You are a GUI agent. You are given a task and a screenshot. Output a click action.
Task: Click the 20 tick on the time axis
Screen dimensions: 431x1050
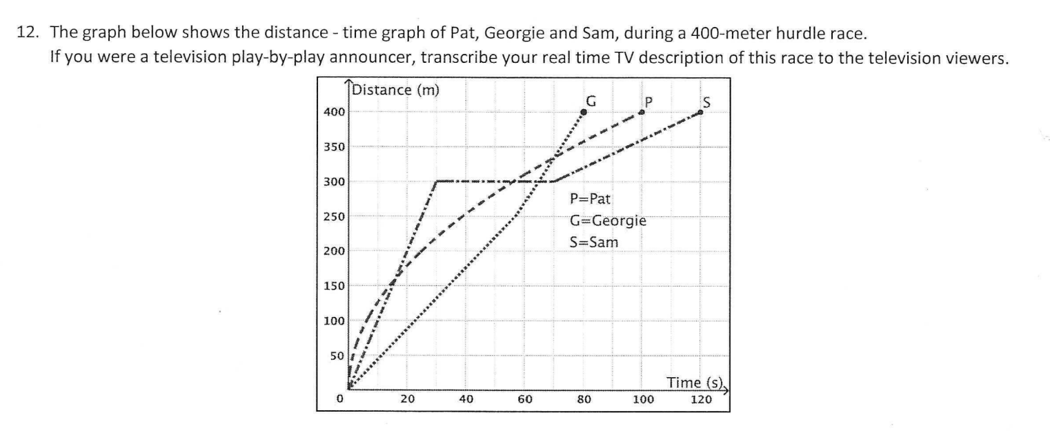point(407,399)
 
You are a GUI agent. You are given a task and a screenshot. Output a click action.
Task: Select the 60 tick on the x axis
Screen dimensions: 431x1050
point(525,399)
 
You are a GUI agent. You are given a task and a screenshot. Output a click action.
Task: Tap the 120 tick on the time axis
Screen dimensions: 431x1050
point(701,399)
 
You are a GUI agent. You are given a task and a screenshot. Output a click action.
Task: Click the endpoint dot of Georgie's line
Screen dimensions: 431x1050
point(584,112)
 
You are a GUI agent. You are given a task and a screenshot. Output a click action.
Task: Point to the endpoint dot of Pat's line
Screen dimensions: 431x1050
point(642,112)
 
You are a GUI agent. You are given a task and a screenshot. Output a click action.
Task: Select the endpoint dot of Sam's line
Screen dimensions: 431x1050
point(701,112)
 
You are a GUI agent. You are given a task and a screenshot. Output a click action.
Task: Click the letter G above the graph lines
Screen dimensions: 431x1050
point(591,99)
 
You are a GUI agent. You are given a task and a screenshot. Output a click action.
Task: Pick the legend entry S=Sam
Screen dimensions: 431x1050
point(594,243)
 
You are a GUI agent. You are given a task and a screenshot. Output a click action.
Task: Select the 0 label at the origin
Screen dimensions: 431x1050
point(339,399)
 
